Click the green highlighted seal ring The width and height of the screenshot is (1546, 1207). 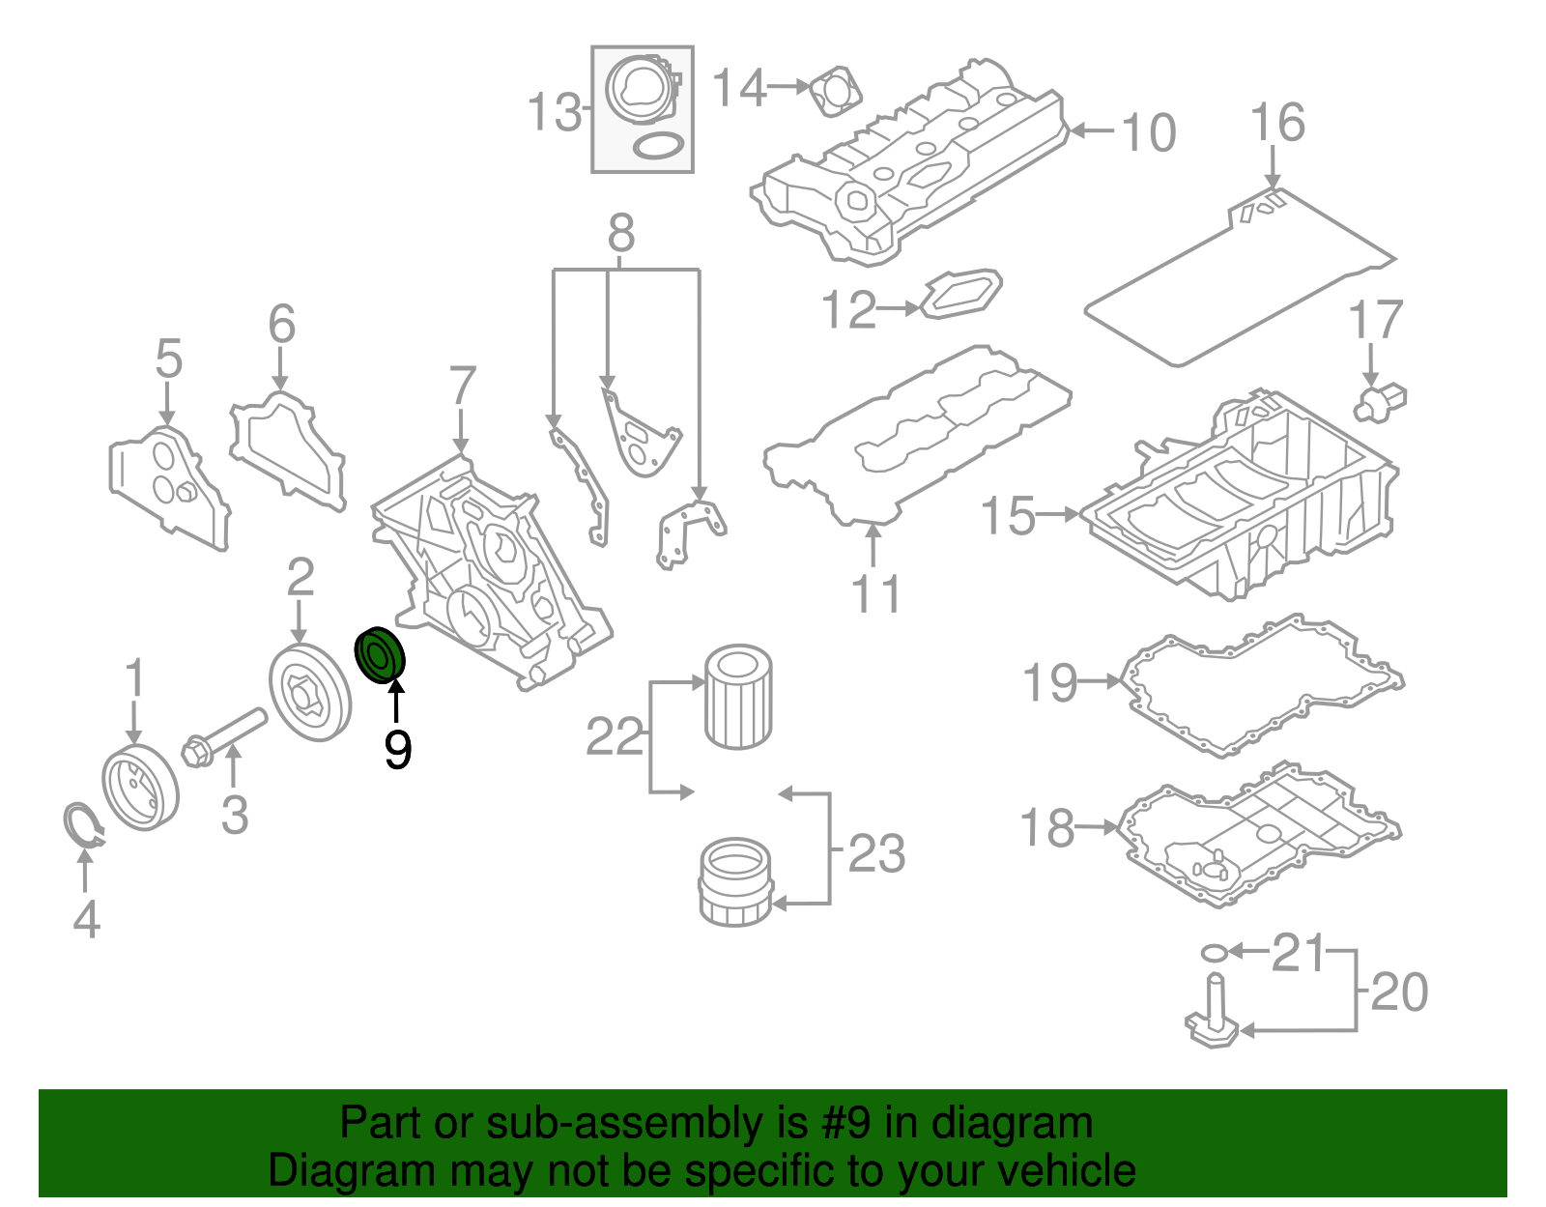[x=381, y=655]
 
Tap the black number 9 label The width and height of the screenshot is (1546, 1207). [x=397, y=749]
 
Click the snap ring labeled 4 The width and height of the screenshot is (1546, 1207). [x=82, y=824]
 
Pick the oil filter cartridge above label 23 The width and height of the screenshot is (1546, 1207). [x=738, y=697]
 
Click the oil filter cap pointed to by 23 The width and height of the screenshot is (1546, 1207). [x=734, y=882]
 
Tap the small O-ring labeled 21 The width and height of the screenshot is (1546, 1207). [x=1215, y=953]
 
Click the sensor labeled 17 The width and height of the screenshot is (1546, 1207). [x=1381, y=401]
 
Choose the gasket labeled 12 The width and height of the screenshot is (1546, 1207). [x=960, y=294]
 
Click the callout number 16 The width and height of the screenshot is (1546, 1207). [x=1276, y=124]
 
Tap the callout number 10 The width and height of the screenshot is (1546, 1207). [x=1149, y=132]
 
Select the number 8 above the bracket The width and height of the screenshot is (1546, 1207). [x=621, y=233]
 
